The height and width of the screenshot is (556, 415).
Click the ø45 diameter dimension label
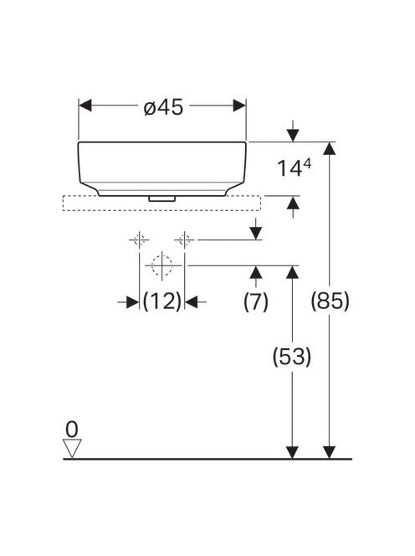tap(164, 106)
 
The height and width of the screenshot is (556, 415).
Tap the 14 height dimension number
tap(289, 168)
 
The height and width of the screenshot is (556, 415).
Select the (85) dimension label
tap(330, 301)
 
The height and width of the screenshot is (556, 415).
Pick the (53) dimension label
tap(292, 357)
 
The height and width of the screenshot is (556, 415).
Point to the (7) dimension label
tap(255, 301)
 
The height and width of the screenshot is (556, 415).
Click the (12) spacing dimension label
tap(162, 301)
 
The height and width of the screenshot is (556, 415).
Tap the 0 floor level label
tap(72, 430)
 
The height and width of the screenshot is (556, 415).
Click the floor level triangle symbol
tap(72, 448)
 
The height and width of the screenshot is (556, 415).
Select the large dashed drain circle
tap(162, 265)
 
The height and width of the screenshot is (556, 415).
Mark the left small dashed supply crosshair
tap(139, 240)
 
